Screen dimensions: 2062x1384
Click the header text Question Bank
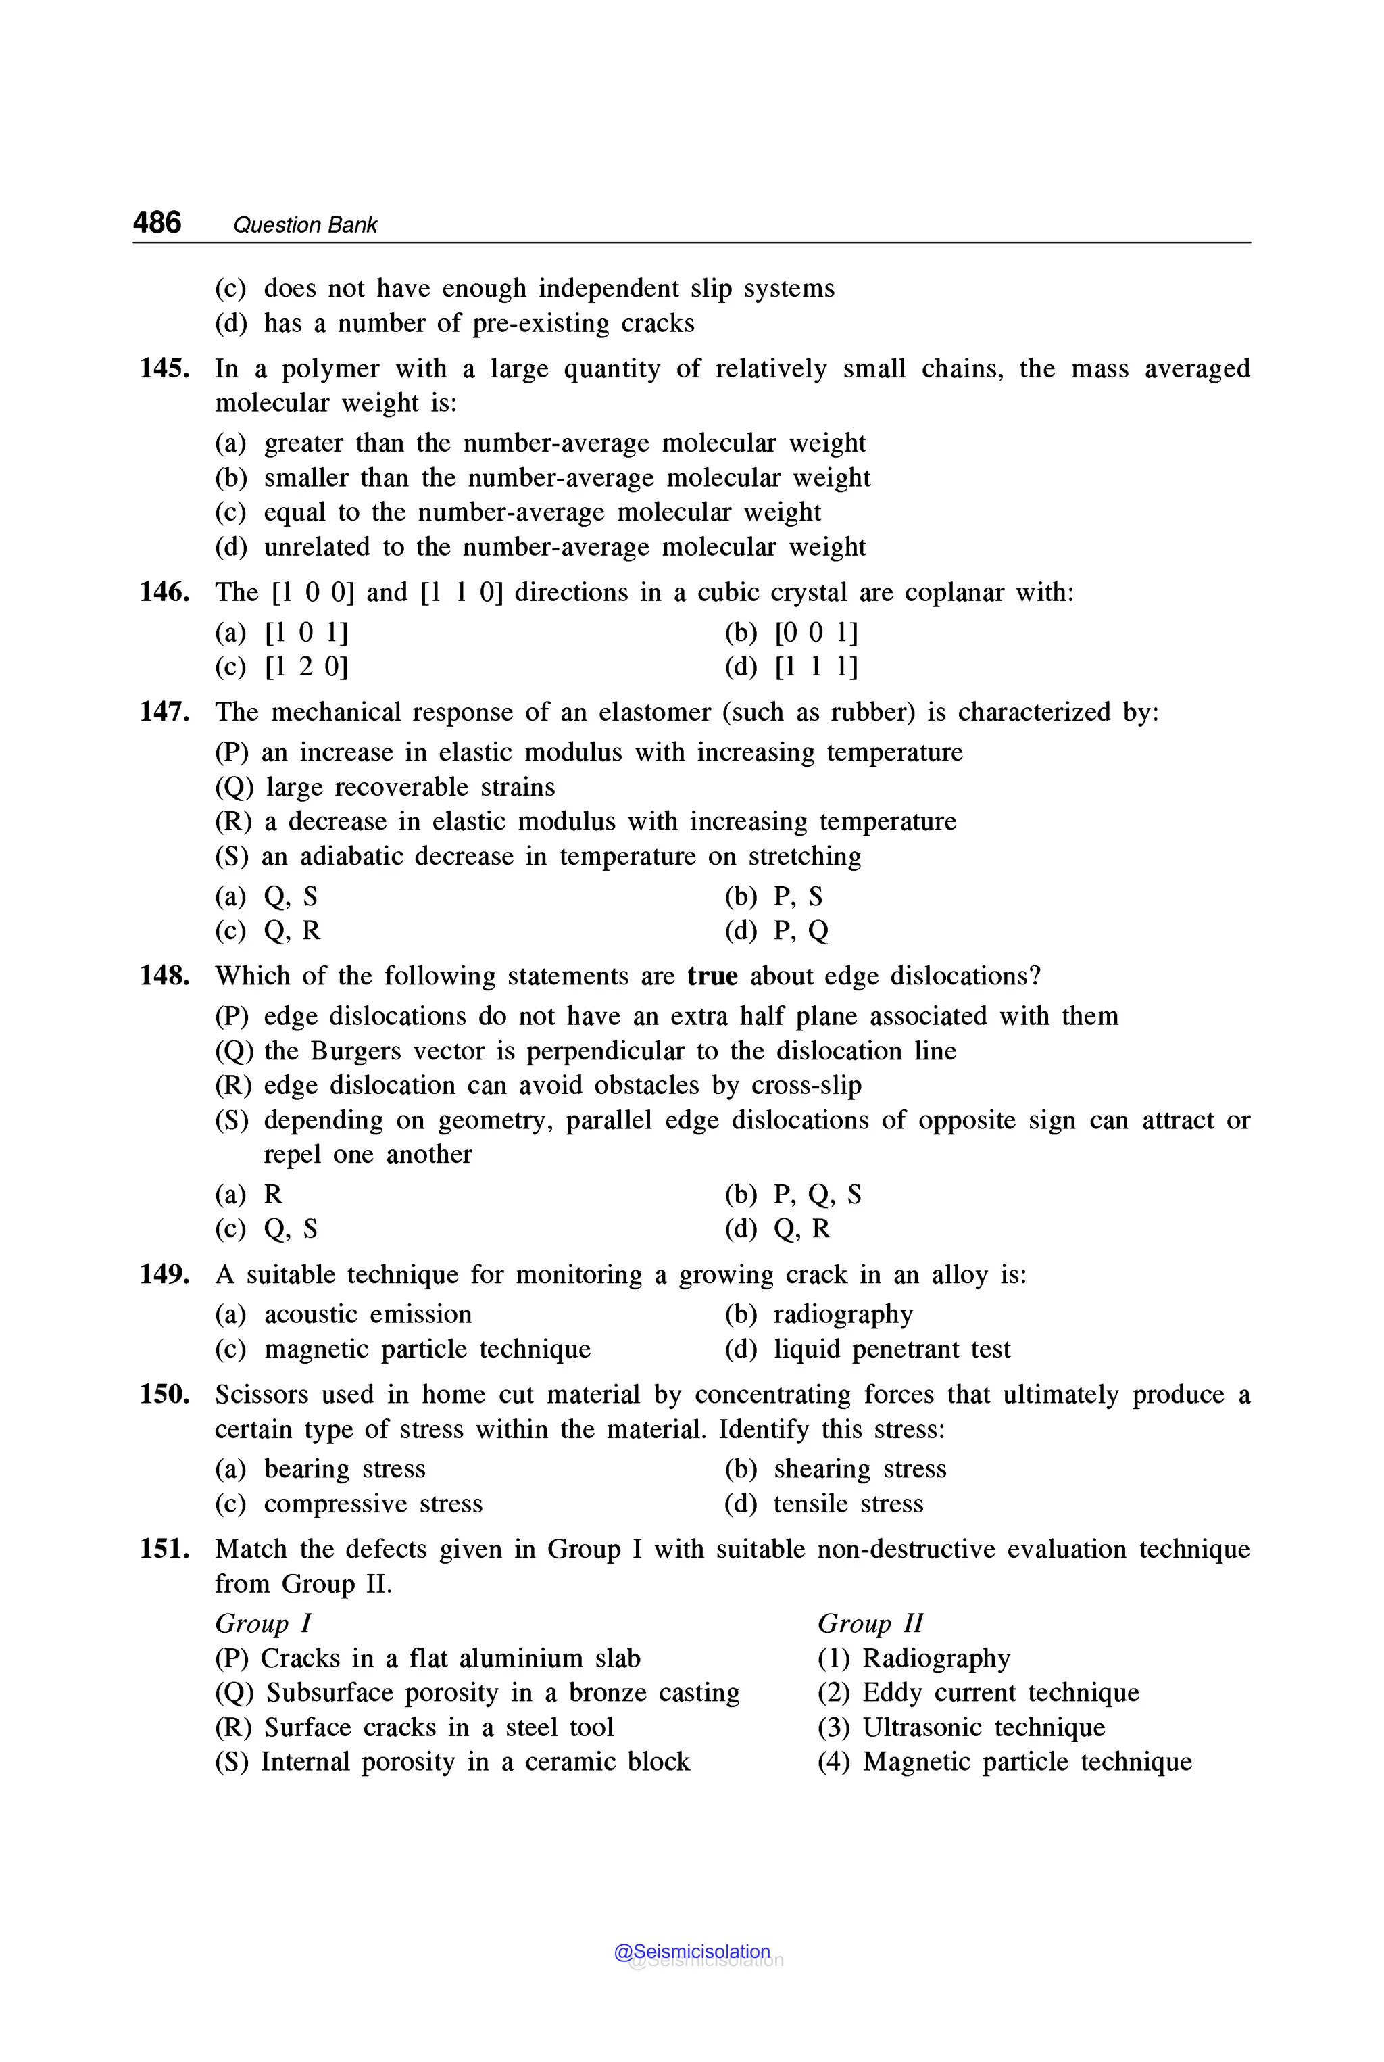click(305, 225)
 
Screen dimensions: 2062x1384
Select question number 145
click(164, 368)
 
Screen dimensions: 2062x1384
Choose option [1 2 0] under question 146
click(305, 667)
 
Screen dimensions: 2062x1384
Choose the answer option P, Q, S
click(816, 1195)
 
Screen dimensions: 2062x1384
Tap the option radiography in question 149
click(842, 1315)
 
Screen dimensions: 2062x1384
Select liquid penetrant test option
click(891, 1349)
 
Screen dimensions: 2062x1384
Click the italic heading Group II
click(870, 1623)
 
